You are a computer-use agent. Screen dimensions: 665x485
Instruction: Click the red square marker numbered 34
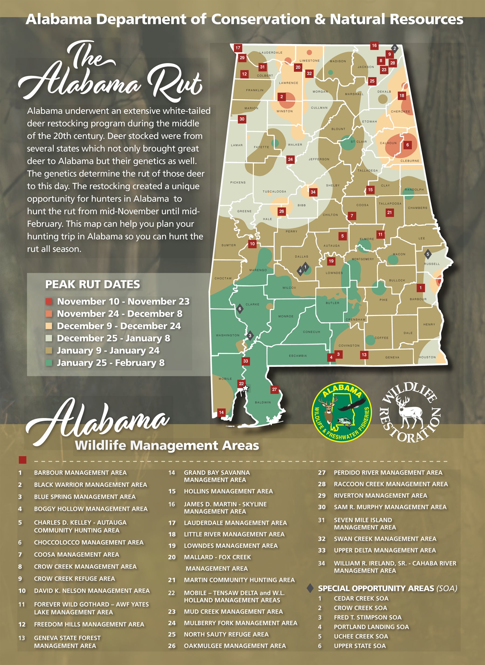(313, 192)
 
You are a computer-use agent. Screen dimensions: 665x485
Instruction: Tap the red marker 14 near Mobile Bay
(221, 412)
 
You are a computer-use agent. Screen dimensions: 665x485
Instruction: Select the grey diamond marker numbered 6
(240, 309)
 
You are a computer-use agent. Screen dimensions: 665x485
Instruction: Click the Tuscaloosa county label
(274, 191)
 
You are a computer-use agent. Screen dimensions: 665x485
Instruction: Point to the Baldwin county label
(263, 402)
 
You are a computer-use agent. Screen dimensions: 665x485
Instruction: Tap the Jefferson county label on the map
(319, 159)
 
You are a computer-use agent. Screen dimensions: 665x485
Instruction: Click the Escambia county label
(298, 356)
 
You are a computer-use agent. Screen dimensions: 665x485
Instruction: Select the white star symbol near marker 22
(246, 388)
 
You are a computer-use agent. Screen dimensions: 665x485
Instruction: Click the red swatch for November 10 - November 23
(49, 301)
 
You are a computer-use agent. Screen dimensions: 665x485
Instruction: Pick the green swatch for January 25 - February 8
(49, 362)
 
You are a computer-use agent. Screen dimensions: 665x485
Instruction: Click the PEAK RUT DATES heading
(92, 284)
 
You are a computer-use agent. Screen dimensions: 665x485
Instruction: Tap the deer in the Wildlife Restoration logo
(410, 412)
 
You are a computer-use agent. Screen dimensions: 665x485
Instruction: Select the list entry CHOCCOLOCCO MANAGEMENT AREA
(89, 542)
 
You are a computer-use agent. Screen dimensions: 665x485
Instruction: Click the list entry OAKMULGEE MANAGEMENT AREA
(235, 646)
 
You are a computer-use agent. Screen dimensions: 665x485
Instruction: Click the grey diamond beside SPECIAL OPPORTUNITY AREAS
(310, 588)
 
